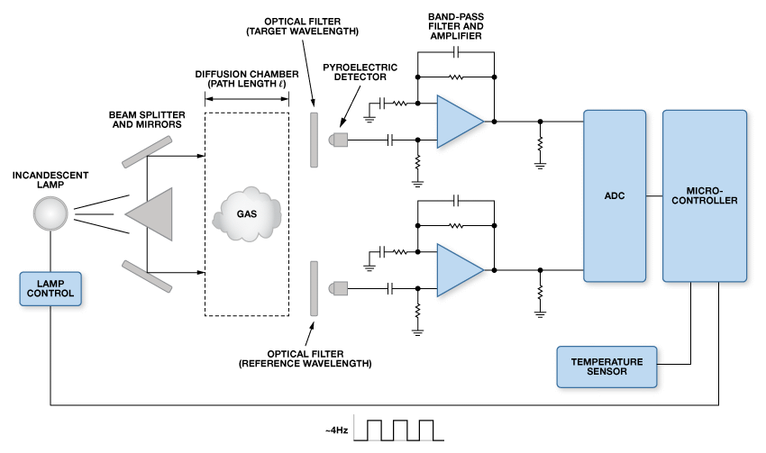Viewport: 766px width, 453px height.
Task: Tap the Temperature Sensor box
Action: [x=606, y=366]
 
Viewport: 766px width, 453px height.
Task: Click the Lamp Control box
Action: [x=51, y=287]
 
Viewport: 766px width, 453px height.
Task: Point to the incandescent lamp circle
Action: [x=50, y=214]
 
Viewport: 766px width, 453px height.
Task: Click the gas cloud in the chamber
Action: [x=246, y=214]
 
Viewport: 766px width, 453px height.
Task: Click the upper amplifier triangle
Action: [x=458, y=120]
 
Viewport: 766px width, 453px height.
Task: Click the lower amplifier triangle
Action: [x=458, y=269]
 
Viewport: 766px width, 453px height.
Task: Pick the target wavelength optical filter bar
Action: [x=315, y=140]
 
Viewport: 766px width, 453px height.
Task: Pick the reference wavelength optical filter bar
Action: [x=315, y=287]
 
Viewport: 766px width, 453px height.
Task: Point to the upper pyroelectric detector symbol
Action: [x=338, y=140]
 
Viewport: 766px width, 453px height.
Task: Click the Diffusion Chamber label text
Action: [x=246, y=77]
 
